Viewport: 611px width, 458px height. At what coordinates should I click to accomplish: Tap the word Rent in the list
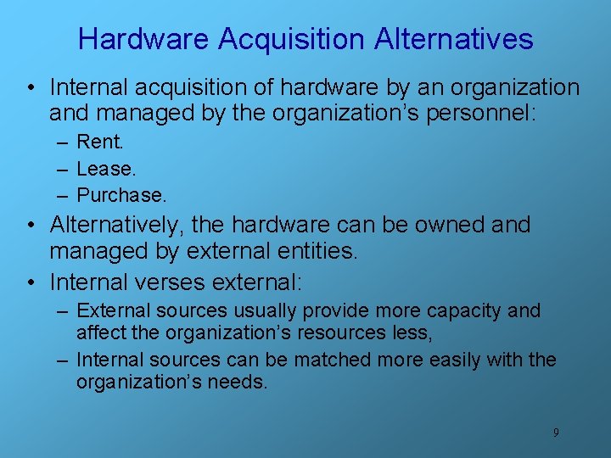point(98,142)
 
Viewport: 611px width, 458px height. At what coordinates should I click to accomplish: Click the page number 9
point(556,433)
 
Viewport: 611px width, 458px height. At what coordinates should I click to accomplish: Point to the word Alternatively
point(116,225)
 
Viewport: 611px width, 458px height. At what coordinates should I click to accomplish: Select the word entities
point(322,251)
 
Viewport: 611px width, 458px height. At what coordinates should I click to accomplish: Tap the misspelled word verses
point(180,281)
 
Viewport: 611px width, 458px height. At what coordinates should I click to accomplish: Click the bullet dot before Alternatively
point(30,226)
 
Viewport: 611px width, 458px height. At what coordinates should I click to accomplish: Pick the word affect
point(100,333)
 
